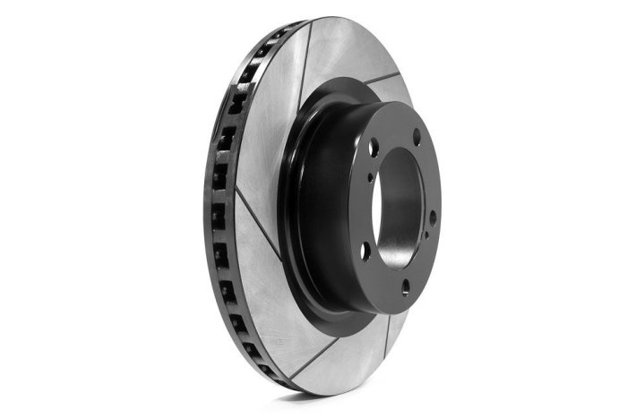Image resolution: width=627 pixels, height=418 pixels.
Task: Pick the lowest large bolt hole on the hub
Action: (x=405, y=286)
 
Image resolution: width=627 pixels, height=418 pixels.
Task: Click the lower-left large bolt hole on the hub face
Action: (x=365, y=253)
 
